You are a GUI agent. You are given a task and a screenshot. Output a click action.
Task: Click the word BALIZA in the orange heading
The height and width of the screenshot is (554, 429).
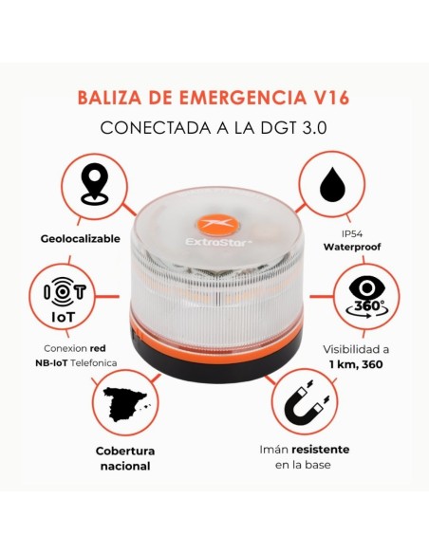point(109,95)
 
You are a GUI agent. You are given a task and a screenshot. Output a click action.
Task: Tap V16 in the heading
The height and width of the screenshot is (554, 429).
point(334,95)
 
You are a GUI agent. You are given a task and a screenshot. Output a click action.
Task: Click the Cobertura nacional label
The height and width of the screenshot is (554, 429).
point(124,458)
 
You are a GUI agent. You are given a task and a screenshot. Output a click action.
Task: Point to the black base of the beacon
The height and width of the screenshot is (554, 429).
point(213,358)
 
